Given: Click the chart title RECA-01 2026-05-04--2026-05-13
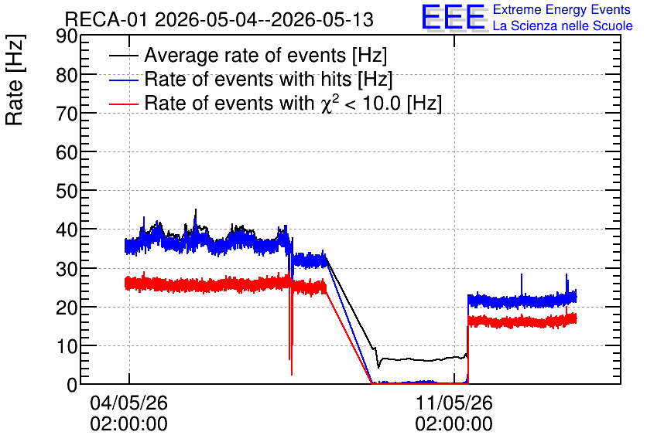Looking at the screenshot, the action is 219,19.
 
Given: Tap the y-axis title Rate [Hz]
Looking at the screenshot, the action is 15,80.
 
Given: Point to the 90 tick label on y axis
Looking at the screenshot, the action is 67,36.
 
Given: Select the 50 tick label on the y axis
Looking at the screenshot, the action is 67,191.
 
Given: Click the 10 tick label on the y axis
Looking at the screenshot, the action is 67,346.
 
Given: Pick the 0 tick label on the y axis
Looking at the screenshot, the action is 72,385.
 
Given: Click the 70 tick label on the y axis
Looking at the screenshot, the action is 67,114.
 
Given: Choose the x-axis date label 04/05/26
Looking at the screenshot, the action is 128,403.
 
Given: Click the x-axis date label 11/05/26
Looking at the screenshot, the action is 454,403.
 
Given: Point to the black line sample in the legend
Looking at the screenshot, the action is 123,56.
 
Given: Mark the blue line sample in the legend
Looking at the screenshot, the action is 123,80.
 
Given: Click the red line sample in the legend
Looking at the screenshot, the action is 123,104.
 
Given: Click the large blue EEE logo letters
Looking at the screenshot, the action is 454,17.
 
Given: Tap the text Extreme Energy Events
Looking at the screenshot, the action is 562,9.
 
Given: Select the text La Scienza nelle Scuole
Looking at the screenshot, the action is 563,25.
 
